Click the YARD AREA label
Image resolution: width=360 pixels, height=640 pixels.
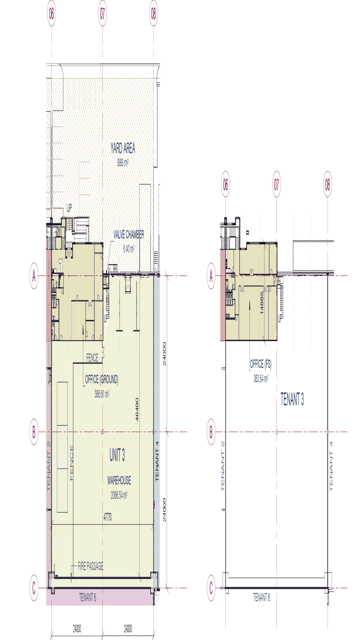pyautogui.click(x=123, y=148)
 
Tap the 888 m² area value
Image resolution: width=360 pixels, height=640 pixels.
pyautogui.click(x=123, y=162)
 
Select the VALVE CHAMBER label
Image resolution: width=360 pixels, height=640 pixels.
pyautogui.click(x=129, y=235)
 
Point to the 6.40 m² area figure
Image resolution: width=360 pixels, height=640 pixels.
pyautogui.click(x=129, y=249)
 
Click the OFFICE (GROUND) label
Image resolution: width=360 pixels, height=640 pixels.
pyautogui.click(x=102, y=379)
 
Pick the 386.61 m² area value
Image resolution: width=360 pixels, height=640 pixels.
pyautogui.click(x=102, y=394)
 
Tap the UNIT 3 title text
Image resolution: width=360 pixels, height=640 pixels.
pyautogui.click(x=117, y=455)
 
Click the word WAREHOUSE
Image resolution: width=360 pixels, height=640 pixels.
pyautogui.click(x=119, y=480)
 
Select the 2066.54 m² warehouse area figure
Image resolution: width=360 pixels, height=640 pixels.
pyautogui.click(x=119, y=495)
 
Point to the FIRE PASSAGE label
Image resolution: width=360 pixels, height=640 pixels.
pyautogui.click(x=91, y=566)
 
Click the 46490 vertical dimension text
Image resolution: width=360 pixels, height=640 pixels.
pyautogui.click(x=137, y=410)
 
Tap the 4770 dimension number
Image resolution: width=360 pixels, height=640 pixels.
pyautogui.click(x=107, y=517)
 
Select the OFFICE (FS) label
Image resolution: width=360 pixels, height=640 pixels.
pyautogui.click(x=261, y=364)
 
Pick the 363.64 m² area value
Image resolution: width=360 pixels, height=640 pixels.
pyautogui.click(x=261, y=379)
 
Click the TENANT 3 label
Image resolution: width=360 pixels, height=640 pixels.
pyautogui.click(x=292, y=399)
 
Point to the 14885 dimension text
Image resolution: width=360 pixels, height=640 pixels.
pyautogui.click(x=262, y=303)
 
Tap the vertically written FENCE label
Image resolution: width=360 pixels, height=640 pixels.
pyautogui.click(x=71, y=463)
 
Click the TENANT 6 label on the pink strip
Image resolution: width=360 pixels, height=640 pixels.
pyautogui.click(x=87, y=598)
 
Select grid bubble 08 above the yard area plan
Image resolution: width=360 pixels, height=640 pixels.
pyautogui.click(x=153, y=14)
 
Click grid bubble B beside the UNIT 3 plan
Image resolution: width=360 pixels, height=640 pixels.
pyautogui.click(x=34, y=432)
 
